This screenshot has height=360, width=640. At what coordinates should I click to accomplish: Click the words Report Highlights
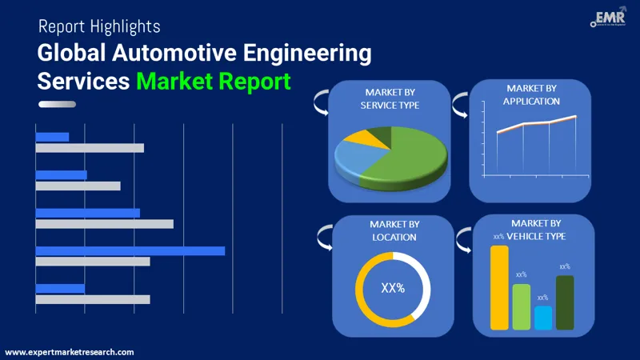(99, 26)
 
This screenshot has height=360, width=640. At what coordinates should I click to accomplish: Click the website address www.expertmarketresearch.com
(70, 352)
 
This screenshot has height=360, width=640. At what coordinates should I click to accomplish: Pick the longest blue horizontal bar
(130, 250)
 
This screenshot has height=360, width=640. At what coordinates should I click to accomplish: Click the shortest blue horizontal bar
(52, 137)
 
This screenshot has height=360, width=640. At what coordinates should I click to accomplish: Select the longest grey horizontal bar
(104, 223)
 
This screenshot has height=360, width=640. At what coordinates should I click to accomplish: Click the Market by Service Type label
(390, 99)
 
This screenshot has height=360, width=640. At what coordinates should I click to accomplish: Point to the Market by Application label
(531, 94)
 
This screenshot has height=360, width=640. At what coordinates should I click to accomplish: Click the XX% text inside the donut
(392, 288)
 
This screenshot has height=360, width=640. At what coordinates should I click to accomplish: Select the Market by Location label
(393, 231)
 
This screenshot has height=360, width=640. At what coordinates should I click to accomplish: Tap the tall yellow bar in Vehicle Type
(499, 287)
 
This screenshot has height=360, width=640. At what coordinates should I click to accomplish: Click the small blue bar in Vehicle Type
(543, 318)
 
